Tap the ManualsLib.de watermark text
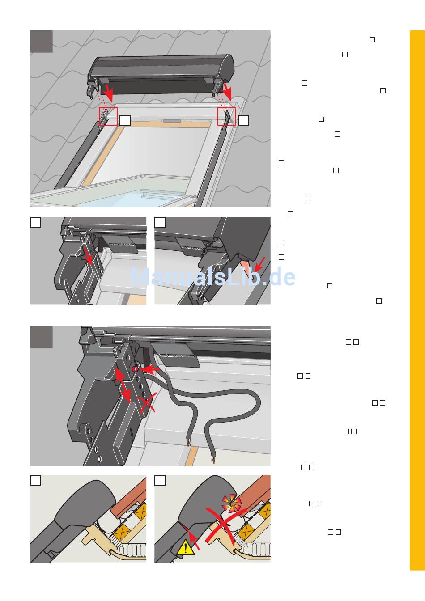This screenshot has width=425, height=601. click(212, 277)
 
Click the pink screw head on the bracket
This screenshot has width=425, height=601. click(135, 369)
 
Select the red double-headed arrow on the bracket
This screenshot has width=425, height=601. click(123, 385)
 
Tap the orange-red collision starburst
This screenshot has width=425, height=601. click(231, 503)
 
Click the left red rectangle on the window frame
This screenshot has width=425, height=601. click(108, 116)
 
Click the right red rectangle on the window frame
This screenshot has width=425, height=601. click(227, 116)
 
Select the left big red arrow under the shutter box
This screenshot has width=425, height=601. click(108, 92)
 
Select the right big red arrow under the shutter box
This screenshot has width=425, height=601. click(227, 91)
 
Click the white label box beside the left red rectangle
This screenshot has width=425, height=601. click(125, 121)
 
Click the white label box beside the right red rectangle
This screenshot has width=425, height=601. click(243, 120)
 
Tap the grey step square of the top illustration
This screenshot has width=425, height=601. click(41, 41)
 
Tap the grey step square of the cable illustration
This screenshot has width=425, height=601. click(41, 337)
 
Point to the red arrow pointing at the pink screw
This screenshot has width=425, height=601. click(149, 369)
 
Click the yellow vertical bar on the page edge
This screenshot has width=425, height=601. click(417, 300)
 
